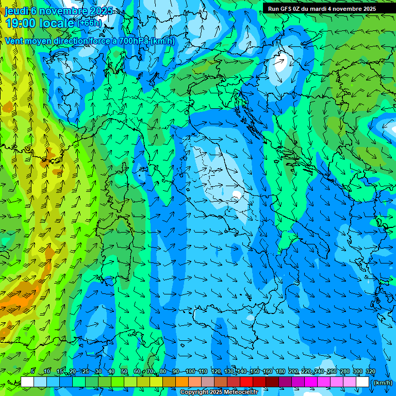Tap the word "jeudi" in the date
point(15,11)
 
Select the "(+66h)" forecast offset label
point(89,23)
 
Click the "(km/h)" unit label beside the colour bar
point(382,382)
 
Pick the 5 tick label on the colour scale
point(32,371)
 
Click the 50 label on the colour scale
point(124,371)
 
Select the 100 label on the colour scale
point(190,371)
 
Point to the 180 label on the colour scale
point(280,371)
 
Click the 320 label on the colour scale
point(370,371)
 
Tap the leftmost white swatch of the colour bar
point(27,382)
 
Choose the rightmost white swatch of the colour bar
point(362,382)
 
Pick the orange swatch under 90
point(182,382)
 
